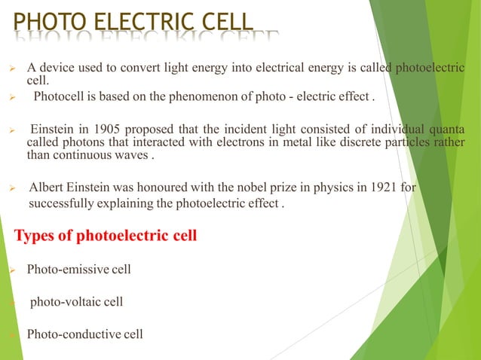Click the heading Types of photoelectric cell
pos(106,236)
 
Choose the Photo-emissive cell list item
pos(78,269)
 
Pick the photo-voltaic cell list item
pos(76,302)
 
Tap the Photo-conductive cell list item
pos(84,334)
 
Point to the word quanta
pos(446,129)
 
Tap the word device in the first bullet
pos(57,68)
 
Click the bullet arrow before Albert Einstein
pos(12,188)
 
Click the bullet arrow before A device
pos(12,69)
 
